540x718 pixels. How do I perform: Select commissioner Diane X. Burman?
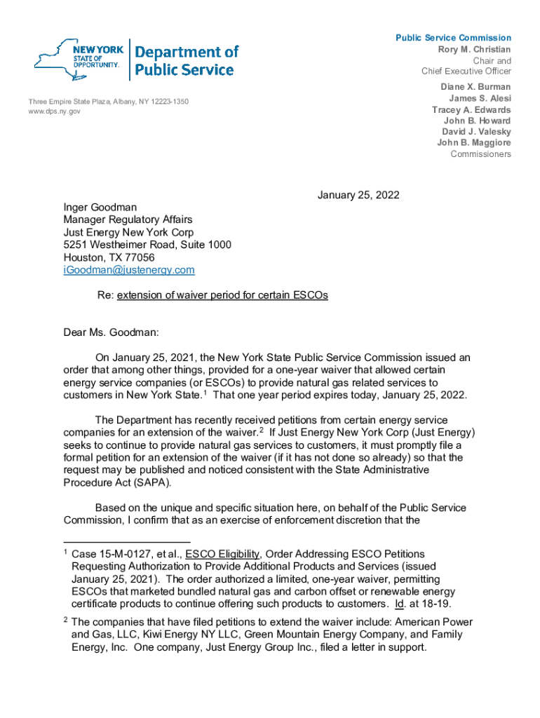click(x=475, y=88)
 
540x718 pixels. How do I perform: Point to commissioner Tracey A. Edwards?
click(x=471, y=110)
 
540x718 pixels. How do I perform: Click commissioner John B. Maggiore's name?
click(x=474, y=143)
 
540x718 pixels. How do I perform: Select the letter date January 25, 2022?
click(x=358, y=195)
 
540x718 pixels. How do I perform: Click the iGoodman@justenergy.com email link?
click(x=129, y=270)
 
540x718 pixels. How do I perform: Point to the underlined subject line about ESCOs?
click(x=222, y=295)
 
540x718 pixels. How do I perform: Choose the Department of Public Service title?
click(x=185, y=60)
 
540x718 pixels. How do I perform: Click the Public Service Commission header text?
click(x=453, y=38)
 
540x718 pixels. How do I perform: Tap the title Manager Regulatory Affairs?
click(x=128, y=220)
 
